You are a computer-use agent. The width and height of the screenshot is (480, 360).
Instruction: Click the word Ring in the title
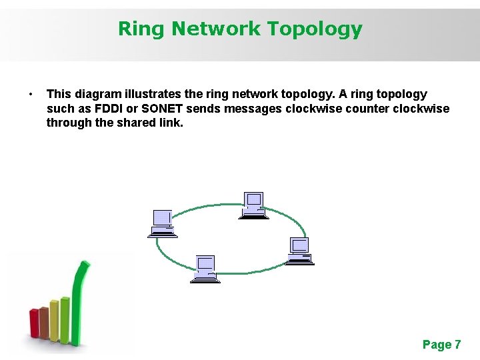click(141, 29)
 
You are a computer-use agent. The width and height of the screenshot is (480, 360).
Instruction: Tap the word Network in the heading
click(216, 29)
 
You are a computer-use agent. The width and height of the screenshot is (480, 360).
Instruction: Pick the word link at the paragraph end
click(169, 123)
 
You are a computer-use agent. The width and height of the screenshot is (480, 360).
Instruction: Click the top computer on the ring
click(253, 205)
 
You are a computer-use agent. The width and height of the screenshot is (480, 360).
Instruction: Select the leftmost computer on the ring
click(163, 223)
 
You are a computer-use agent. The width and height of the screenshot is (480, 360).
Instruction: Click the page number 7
click(457, 345)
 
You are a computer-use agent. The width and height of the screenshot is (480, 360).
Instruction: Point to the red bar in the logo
click(35, 323)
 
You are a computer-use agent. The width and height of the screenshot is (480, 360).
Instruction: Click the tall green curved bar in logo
click(79, 300)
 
